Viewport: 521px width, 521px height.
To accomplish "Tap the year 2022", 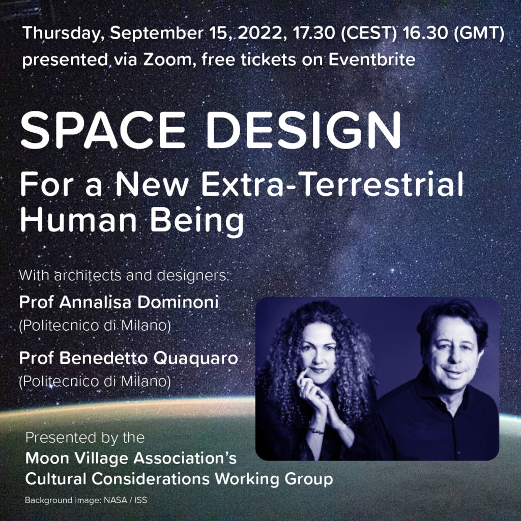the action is (x=262, y=33).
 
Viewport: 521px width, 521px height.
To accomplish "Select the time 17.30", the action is (x=314, y=33).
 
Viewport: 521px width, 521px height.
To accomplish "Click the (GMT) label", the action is (x=479, y=33).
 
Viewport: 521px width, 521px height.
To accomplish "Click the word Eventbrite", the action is (x=372, y=60).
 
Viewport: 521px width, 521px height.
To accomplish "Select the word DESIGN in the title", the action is (x=304, y=130).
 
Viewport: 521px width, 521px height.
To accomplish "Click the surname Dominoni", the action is (x=178, y=302).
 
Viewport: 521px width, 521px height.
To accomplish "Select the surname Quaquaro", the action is (x=196, y=359).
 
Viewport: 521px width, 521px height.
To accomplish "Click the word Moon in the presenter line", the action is (x=47, y=458).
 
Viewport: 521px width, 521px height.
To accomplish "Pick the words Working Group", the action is (x=273, y=479).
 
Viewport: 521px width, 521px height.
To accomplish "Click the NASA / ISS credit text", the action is (x=125, y=500).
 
